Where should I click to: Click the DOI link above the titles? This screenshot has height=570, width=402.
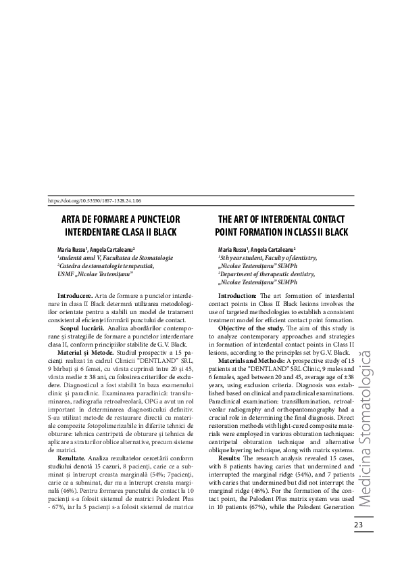(95, 202)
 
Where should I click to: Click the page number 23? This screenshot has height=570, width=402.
(359, 527)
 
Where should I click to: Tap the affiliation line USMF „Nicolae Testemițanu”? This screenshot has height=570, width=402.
(95, 273)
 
